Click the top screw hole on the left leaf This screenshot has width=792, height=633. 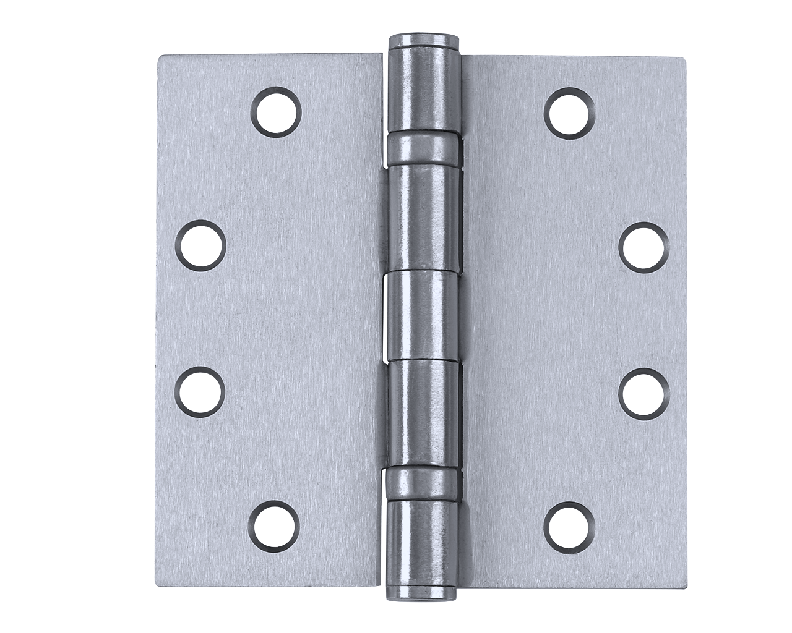276,112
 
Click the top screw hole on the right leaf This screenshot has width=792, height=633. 570,112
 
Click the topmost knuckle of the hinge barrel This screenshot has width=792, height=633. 424,90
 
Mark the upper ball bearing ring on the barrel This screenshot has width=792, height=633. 424,149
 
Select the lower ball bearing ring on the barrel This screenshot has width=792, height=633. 424,482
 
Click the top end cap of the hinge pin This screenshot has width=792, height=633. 424,43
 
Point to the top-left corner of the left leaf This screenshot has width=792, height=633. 160,57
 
